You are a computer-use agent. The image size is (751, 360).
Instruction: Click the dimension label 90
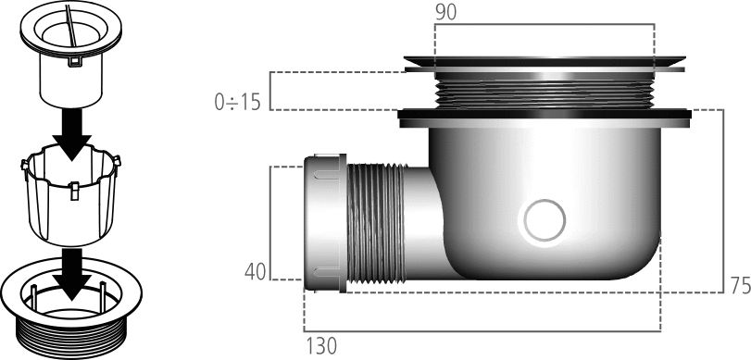(x=446, y=13)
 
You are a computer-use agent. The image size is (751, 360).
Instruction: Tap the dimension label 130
(x=321, y=346)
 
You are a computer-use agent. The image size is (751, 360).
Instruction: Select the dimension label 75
(x=741, y=286)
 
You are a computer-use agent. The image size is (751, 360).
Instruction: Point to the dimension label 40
(x=255, y=272)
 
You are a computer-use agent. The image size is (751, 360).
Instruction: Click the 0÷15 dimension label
(x=238, y=102)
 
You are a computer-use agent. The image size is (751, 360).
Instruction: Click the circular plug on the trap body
(x=544, y=220)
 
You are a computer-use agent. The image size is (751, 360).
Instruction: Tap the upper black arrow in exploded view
(x=72, y=134)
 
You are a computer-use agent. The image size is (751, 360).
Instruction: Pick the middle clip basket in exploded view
(x=71, y=195)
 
